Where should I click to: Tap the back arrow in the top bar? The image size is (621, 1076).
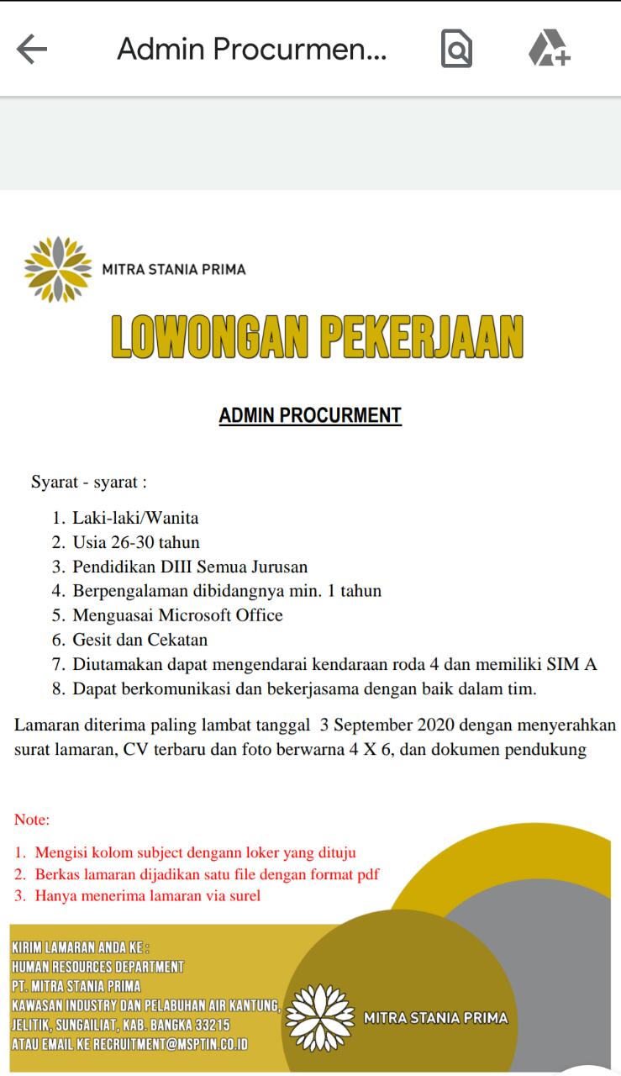[32, 50]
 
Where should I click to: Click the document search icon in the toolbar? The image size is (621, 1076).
[456, 49]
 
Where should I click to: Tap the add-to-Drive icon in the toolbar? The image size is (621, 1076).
[549, 49]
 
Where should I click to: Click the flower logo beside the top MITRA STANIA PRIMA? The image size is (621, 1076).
[57, 270]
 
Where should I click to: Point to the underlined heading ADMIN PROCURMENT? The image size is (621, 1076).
[310, 415]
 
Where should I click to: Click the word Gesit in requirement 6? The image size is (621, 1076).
[92, 640]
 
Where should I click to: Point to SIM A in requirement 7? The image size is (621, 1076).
[571, 664]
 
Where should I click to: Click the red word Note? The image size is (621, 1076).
[32, 820]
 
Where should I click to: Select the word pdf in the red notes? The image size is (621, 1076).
[368, 874]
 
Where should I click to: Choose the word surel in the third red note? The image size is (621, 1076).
[242, 896]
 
